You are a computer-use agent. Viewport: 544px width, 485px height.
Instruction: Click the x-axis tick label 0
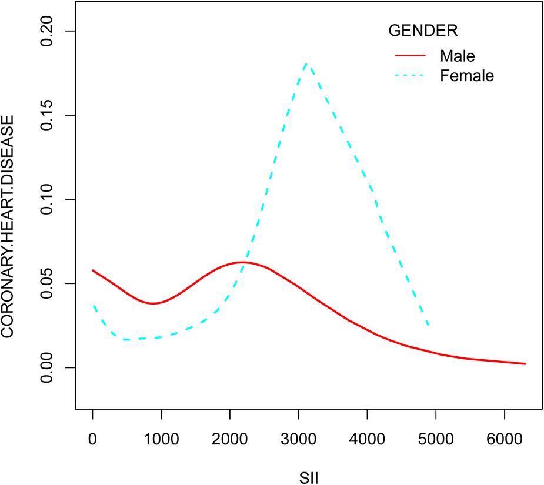(x=92, y=437)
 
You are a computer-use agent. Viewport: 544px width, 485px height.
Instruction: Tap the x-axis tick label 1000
(x=161, y=437)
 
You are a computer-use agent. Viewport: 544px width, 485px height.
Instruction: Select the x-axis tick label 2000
(x=230, y=437)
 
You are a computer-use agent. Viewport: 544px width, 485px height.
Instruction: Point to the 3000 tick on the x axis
(x=298, y=437)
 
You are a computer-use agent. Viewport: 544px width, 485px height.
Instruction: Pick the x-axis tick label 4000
(x=367, y=437)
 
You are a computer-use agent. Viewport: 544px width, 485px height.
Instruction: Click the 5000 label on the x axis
(x=436, y=437)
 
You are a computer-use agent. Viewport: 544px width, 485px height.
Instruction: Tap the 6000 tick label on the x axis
(x=504, y=437)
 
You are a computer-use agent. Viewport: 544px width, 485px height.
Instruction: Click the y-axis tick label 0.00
(x=48, y=367)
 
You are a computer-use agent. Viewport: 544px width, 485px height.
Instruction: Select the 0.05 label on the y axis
(x=48, y=283)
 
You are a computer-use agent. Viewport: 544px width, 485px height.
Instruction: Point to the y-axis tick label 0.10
(x=48, y=199)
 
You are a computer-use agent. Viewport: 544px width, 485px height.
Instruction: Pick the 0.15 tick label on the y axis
(x=48, y=115)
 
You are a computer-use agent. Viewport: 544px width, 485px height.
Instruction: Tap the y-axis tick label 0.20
(x=48, y=31)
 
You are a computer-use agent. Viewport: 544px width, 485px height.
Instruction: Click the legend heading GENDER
(x=422, y=30)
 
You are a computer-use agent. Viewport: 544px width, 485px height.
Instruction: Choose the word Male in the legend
(x=457, y=56)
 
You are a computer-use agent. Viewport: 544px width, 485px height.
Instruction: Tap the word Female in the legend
(x=467, y=76)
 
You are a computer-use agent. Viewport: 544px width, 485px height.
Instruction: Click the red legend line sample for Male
(x=410, y=56)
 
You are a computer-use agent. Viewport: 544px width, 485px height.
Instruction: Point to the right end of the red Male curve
(x=525, y=364)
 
